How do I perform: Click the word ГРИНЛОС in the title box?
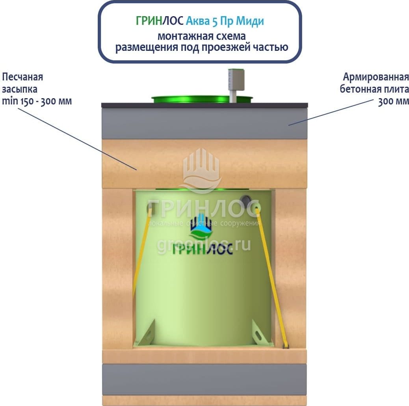[x=160, y=21]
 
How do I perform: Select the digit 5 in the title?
[x=215, y=21]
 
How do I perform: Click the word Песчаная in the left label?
[x=22, y=77]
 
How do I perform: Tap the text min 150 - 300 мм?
[x=37, y=101]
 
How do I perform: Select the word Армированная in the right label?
[x=376, y=77]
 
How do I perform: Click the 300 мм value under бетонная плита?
[x=393, y=101]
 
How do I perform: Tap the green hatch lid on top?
[x=202, y=99]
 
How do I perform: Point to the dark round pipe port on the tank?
[x=246, y=200]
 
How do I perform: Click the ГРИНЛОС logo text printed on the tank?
[x=203, y=250]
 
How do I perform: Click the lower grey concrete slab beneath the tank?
[x=204, y=380]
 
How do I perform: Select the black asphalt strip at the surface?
[x=204, y=105]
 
